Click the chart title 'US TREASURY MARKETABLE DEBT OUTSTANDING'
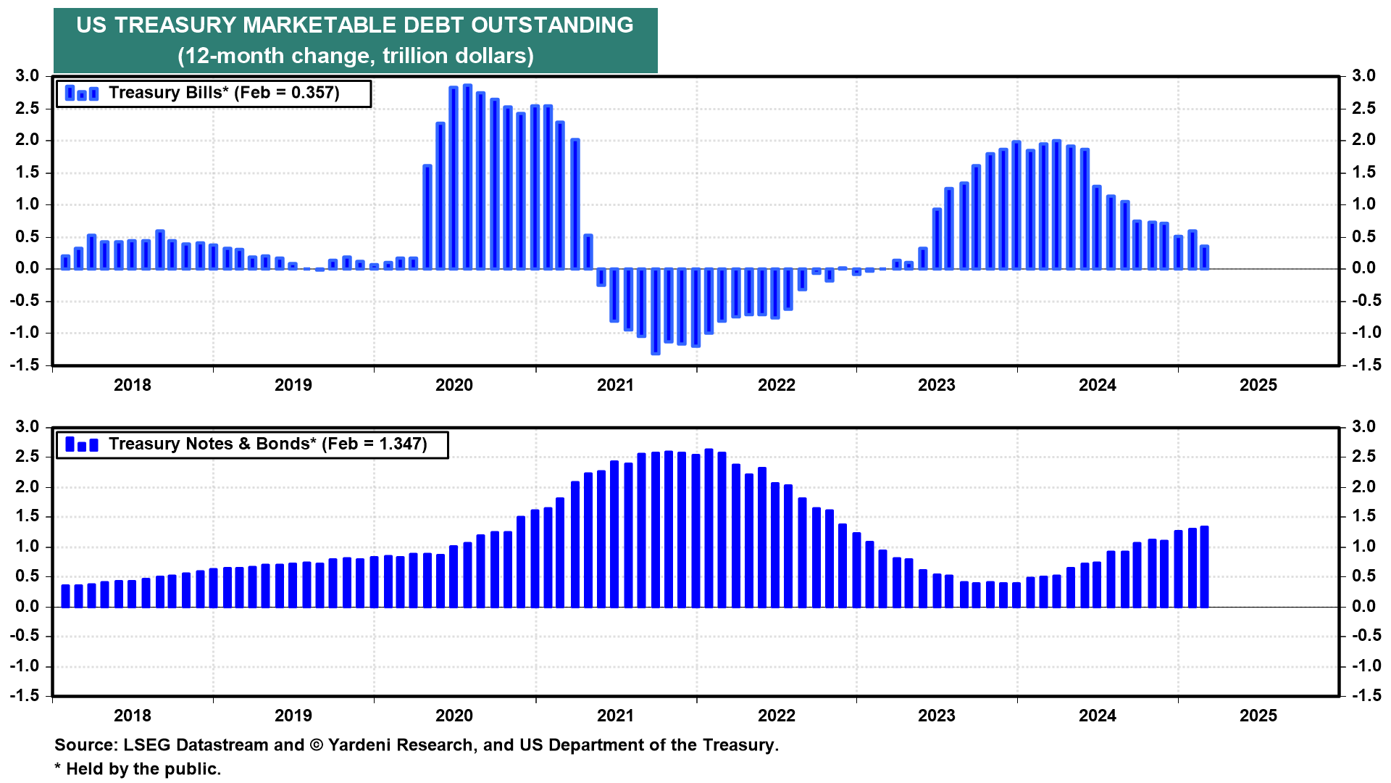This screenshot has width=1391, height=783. (355, 25)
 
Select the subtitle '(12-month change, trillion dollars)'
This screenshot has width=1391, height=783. (356, 56)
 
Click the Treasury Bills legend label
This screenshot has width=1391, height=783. (224, 93)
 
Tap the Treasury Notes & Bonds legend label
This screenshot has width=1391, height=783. (268, 444)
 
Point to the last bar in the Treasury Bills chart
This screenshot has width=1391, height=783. (1204, 257)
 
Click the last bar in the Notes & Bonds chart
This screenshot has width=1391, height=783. (1204, 566)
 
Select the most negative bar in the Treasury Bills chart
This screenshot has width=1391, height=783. (655, 311)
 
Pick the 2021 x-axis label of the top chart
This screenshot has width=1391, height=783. (615, 385)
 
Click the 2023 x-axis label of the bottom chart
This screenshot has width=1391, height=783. (937, 716)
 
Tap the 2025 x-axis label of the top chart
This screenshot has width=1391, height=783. (1258, 385)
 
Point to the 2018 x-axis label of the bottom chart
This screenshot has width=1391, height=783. (133, 716)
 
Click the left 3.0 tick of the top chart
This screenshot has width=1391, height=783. (28, 76)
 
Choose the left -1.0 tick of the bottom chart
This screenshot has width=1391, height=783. (25, 666)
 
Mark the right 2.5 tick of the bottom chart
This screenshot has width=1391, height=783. (1363, 457)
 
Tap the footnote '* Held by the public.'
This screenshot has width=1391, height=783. (138, 769)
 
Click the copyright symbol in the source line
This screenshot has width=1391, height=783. (316, 745)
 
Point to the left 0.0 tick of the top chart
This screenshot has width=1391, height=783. (28, 268)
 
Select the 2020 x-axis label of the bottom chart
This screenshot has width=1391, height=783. (454, 716)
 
